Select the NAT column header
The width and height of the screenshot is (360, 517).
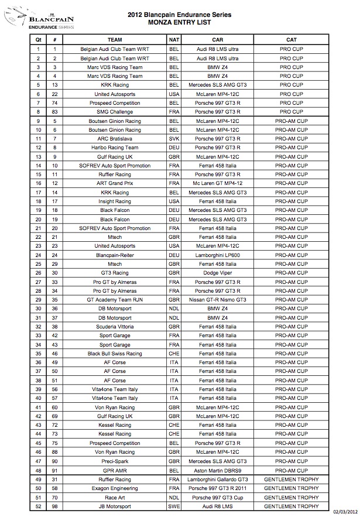[174, 39]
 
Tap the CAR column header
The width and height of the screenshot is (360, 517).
[218, 39]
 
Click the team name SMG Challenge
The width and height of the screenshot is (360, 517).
[115, 112]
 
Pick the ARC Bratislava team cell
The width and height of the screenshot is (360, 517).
[115, 139]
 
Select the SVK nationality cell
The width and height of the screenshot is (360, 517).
[174, 139]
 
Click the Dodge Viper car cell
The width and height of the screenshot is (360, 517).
[218, 272]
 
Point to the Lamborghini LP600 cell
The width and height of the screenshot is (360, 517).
[218, 255]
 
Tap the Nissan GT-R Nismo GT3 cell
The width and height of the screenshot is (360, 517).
[218, 299]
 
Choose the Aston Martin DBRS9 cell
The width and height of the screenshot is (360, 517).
[218, 470]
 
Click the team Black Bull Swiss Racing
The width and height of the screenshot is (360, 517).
[115, 353]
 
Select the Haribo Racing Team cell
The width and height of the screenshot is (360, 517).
[115, 148]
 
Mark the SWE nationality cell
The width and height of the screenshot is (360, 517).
[174, 506]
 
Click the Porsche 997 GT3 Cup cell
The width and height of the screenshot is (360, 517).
[218, 497]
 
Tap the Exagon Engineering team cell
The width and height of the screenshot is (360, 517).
[115, 488]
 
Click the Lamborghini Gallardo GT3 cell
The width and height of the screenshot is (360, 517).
[218, 479]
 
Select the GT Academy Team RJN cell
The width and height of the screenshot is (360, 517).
[115, 299]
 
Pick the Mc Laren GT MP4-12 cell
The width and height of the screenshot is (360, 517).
[218, 183]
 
